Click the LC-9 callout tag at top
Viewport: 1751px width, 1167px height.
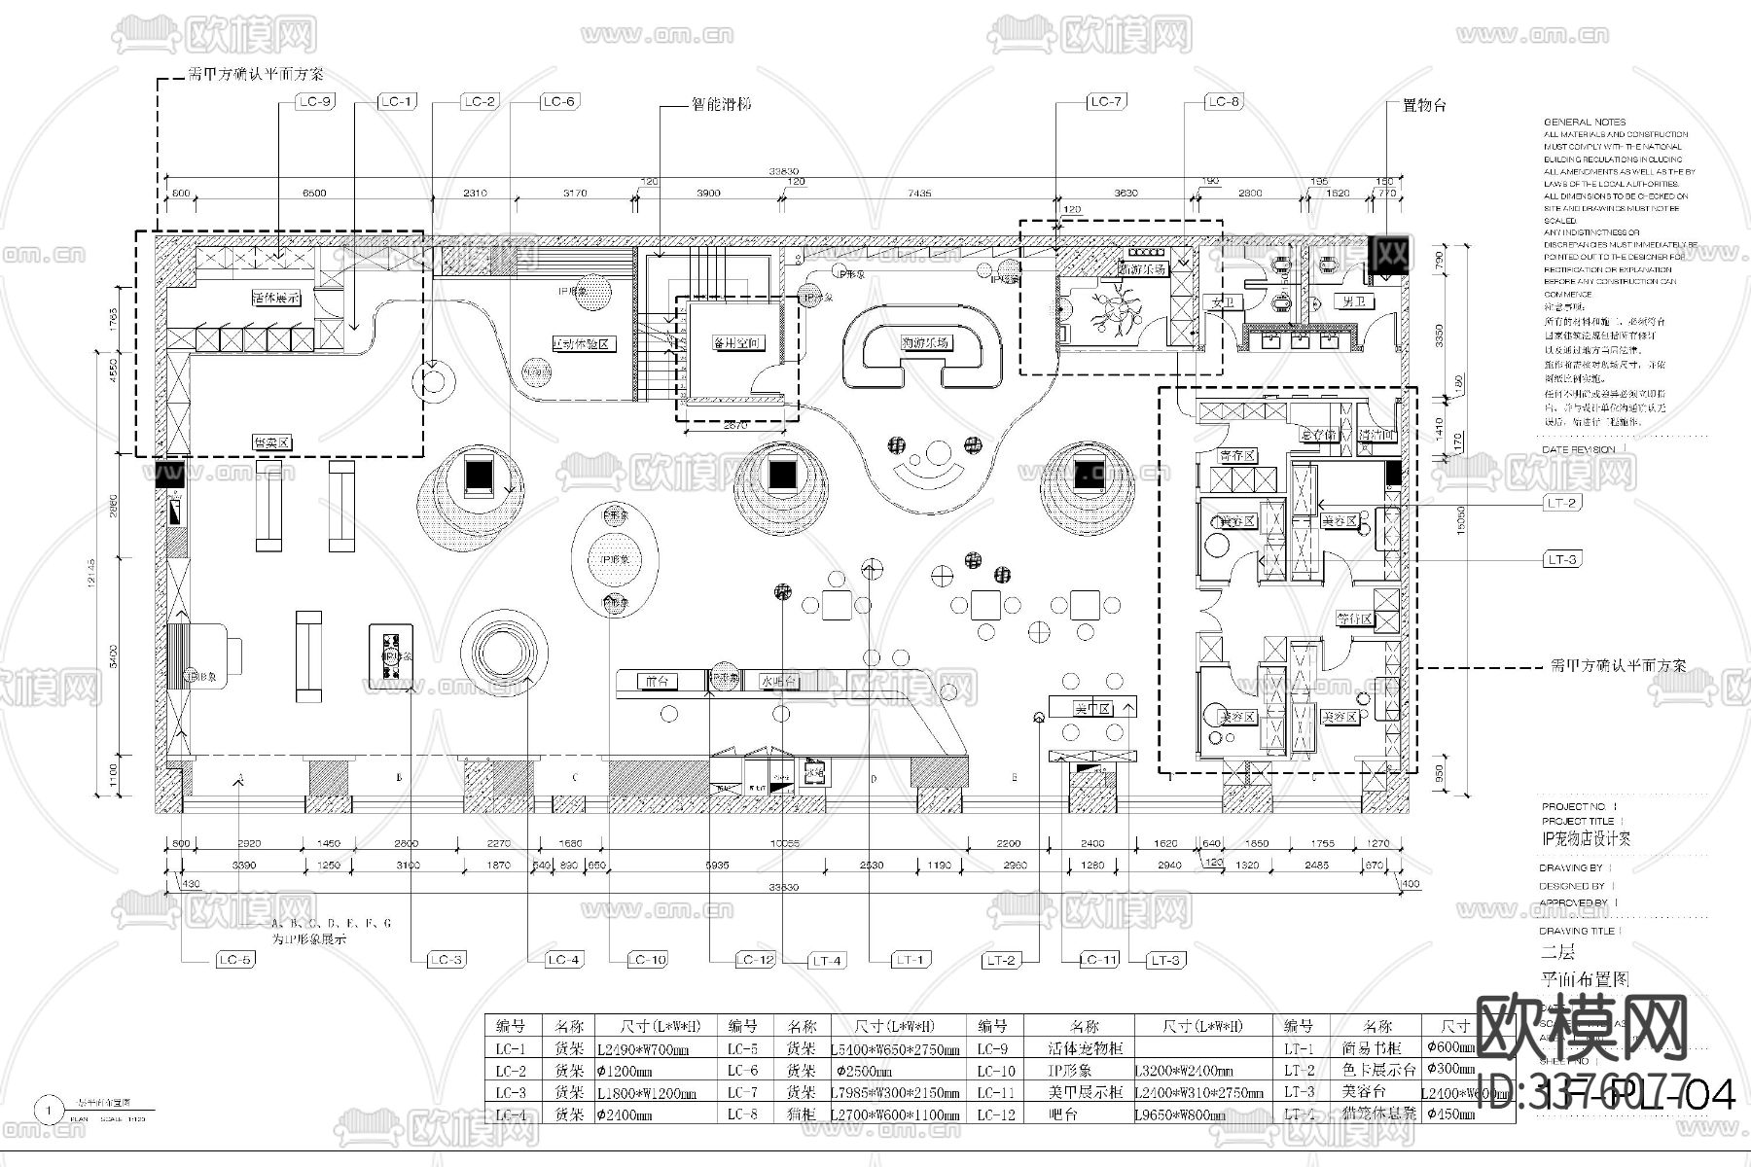314,101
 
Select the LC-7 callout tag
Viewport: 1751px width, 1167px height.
1106,101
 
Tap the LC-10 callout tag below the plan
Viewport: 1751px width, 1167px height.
647,960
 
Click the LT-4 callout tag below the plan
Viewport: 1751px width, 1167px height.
826,961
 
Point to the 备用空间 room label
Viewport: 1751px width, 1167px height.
735,343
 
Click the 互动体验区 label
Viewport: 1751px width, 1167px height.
581,344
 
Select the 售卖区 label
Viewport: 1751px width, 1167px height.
272,443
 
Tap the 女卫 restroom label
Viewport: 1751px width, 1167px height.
1221,303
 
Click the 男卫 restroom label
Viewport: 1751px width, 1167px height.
1353,303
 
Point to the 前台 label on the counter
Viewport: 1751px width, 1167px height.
658,682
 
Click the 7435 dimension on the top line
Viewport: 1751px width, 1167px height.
919,194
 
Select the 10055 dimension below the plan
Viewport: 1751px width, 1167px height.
784,843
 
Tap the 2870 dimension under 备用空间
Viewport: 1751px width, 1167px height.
735,425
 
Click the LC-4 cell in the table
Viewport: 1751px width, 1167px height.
511,1114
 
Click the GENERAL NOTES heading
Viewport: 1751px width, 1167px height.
1585,123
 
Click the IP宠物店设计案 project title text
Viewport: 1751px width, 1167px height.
1587,838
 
